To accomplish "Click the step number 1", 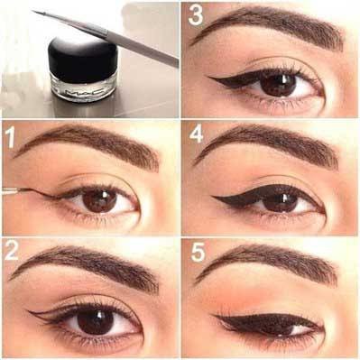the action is [11, 137].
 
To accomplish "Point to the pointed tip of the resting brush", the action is [33, 12].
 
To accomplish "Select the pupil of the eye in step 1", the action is [99, 200].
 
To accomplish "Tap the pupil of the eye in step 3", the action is [279, 85].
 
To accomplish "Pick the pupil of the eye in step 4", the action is [280, 202].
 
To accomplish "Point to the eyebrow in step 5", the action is [268, 264].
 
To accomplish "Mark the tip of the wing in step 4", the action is [213, 197].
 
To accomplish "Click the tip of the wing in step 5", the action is [214, 315].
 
